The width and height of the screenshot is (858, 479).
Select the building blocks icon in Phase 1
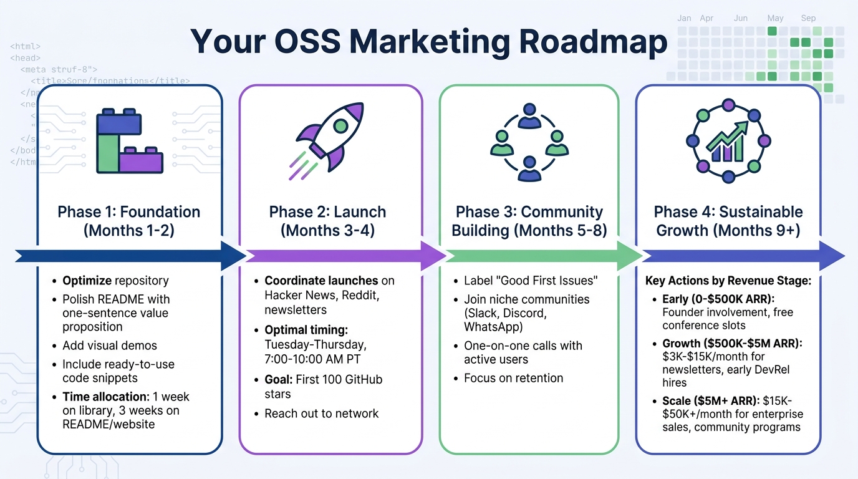[x=129, y=142]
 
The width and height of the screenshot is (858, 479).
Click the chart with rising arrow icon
[x=728, y=141]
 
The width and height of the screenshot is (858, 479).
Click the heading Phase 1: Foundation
[x=129, y=211]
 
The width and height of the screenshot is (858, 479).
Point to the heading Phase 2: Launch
[x=327, y=211]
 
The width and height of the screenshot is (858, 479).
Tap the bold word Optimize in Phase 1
[x=87, y=281]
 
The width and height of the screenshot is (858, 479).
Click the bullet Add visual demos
[x=110, y=346]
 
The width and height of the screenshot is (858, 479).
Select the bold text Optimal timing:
[x=306, y=329]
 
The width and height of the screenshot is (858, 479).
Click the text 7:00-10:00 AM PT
[x=312, y=359]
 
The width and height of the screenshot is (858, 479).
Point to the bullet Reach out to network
[x=321, y=413]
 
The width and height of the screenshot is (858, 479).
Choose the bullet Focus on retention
[x=513, y=378]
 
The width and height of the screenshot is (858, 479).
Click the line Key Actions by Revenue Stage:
[x=728, y=281]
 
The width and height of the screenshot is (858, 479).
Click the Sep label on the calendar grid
[x=808, y=18]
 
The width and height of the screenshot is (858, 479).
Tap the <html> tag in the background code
[x=26, y=46]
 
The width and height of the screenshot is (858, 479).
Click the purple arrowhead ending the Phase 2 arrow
[x=435, y=256]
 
